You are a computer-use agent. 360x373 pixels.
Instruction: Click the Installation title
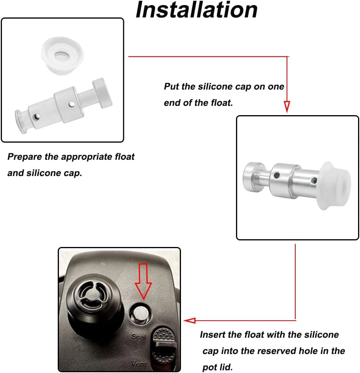[196, 10]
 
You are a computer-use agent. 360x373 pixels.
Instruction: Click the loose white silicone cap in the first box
[62, 55]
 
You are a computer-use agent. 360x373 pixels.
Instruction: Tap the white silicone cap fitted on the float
[334, 186]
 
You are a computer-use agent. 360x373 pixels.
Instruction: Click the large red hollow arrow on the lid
[143, 281]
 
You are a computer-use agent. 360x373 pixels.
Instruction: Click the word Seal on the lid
[138, 337]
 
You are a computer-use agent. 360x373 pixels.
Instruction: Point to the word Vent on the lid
[139, 363]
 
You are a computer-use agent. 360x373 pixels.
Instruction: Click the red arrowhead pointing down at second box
[287, 106]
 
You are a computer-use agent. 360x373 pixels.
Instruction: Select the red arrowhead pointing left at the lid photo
[190, 320]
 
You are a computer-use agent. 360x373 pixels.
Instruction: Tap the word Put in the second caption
[171, 86]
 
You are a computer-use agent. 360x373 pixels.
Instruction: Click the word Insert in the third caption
[212, 335]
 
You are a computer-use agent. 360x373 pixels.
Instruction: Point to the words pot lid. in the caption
[217, 367]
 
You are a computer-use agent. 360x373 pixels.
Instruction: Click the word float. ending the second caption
[222, 102]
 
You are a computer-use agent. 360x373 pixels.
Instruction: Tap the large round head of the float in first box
[102, 93]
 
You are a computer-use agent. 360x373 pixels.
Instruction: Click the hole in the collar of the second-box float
[276, 175]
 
